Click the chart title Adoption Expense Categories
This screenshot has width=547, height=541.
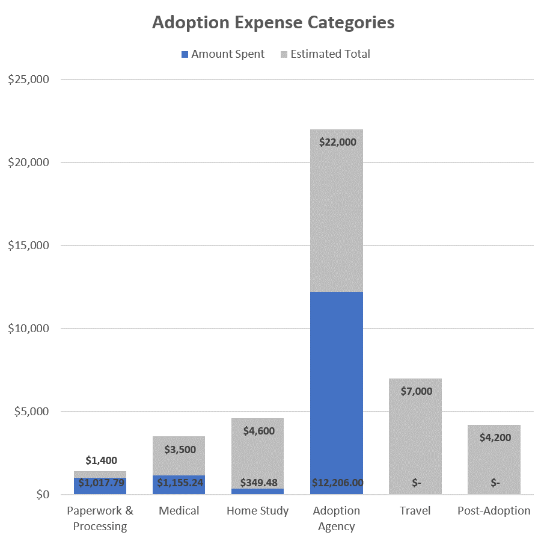point(273,22)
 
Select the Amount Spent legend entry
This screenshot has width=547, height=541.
point(222,54)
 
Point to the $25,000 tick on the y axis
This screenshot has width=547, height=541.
point(29,79)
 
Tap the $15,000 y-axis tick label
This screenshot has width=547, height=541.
point(29,246)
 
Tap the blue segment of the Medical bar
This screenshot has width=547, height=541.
point(179,485)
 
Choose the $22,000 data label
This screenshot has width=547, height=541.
point(336,143)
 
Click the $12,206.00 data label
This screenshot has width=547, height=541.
point(337,483)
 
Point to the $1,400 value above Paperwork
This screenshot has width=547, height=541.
point(100,460)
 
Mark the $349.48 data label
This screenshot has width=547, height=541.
point(257,483)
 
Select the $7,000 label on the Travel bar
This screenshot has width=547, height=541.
point(415,391)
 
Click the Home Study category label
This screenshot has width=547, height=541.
point(257,511)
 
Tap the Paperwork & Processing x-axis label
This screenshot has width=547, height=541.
point(100,518)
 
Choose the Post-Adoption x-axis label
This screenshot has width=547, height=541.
point(494,511)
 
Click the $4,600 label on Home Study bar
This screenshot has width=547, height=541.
point(257,431)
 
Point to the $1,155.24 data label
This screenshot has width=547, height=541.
point(179,483)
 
